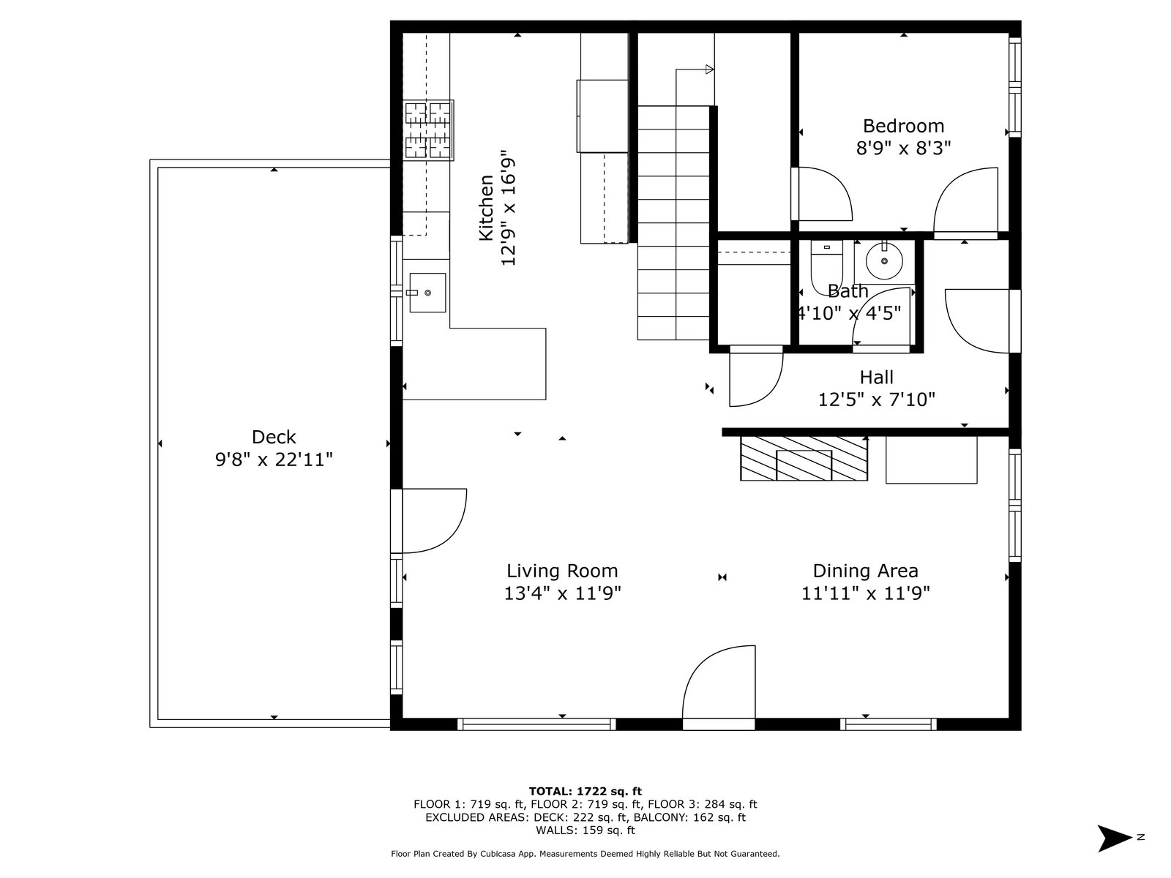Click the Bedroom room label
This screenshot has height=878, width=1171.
[903, 127]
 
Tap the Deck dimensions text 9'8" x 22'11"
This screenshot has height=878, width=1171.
[274, 459]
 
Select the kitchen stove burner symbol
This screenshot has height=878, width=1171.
[428, 131]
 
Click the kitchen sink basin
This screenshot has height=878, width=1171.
[427, 293]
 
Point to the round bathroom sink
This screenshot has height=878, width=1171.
[884, 261]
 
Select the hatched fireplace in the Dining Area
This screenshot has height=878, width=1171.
[804, 459]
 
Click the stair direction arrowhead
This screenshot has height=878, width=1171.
[709, 70]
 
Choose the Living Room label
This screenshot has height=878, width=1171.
[562, 571]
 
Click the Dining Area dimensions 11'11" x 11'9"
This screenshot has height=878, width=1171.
[865, 593]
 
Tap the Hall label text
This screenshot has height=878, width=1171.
[877, 378]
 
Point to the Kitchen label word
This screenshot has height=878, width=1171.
[486, 208]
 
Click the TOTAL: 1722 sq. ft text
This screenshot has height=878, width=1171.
[585, 792]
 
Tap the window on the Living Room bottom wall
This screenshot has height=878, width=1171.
[536, 724]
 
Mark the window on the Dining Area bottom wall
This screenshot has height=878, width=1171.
[888, 724]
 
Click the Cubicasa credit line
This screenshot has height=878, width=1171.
[585, 854]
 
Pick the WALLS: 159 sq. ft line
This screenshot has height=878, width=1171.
[585, 830]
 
